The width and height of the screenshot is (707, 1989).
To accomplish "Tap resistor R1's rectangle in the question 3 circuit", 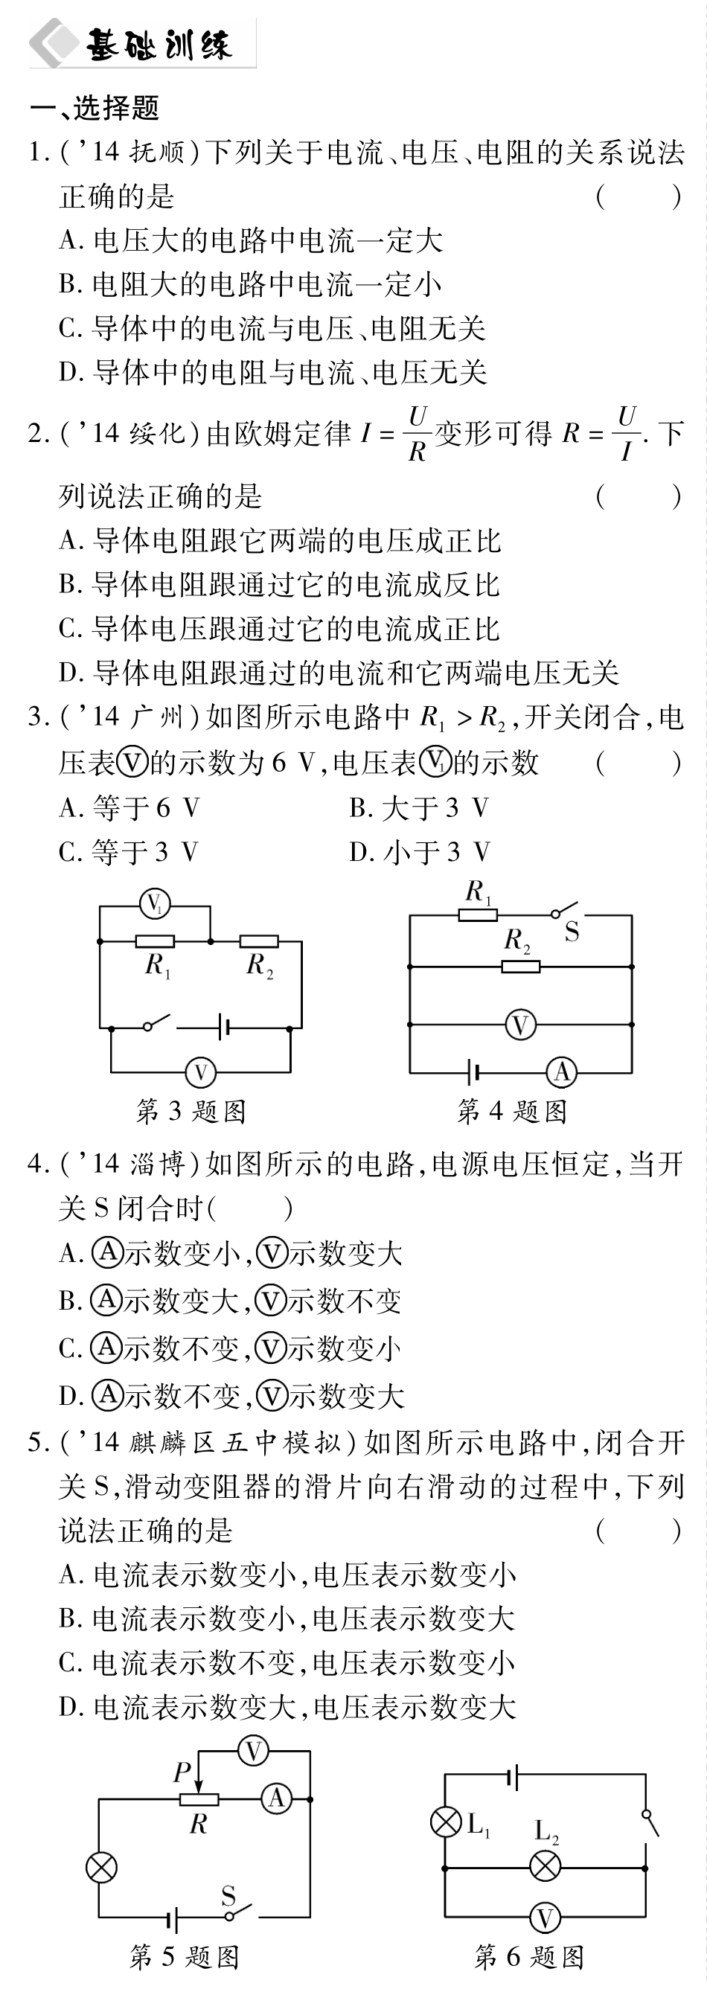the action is point(155,941).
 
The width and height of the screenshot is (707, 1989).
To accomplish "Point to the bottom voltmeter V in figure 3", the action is point(201,1072).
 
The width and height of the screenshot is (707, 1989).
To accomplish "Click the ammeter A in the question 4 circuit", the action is point(561,1072).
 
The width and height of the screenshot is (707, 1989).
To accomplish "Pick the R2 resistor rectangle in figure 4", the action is point(520,966).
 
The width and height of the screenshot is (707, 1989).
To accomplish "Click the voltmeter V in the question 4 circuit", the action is point(520,1025).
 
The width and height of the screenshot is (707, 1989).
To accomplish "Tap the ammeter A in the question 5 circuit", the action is point(275,1799).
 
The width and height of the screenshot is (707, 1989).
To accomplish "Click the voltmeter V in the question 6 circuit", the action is point(546,1918).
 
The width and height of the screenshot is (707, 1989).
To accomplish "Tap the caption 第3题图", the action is point(191,1111).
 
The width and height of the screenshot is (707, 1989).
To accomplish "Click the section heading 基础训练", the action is point(159,45).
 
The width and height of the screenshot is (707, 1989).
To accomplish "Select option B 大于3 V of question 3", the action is point(419,807).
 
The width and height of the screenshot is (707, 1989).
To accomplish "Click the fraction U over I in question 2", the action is point(627,433).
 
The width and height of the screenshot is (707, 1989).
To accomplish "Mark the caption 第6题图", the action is point(528,1957).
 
